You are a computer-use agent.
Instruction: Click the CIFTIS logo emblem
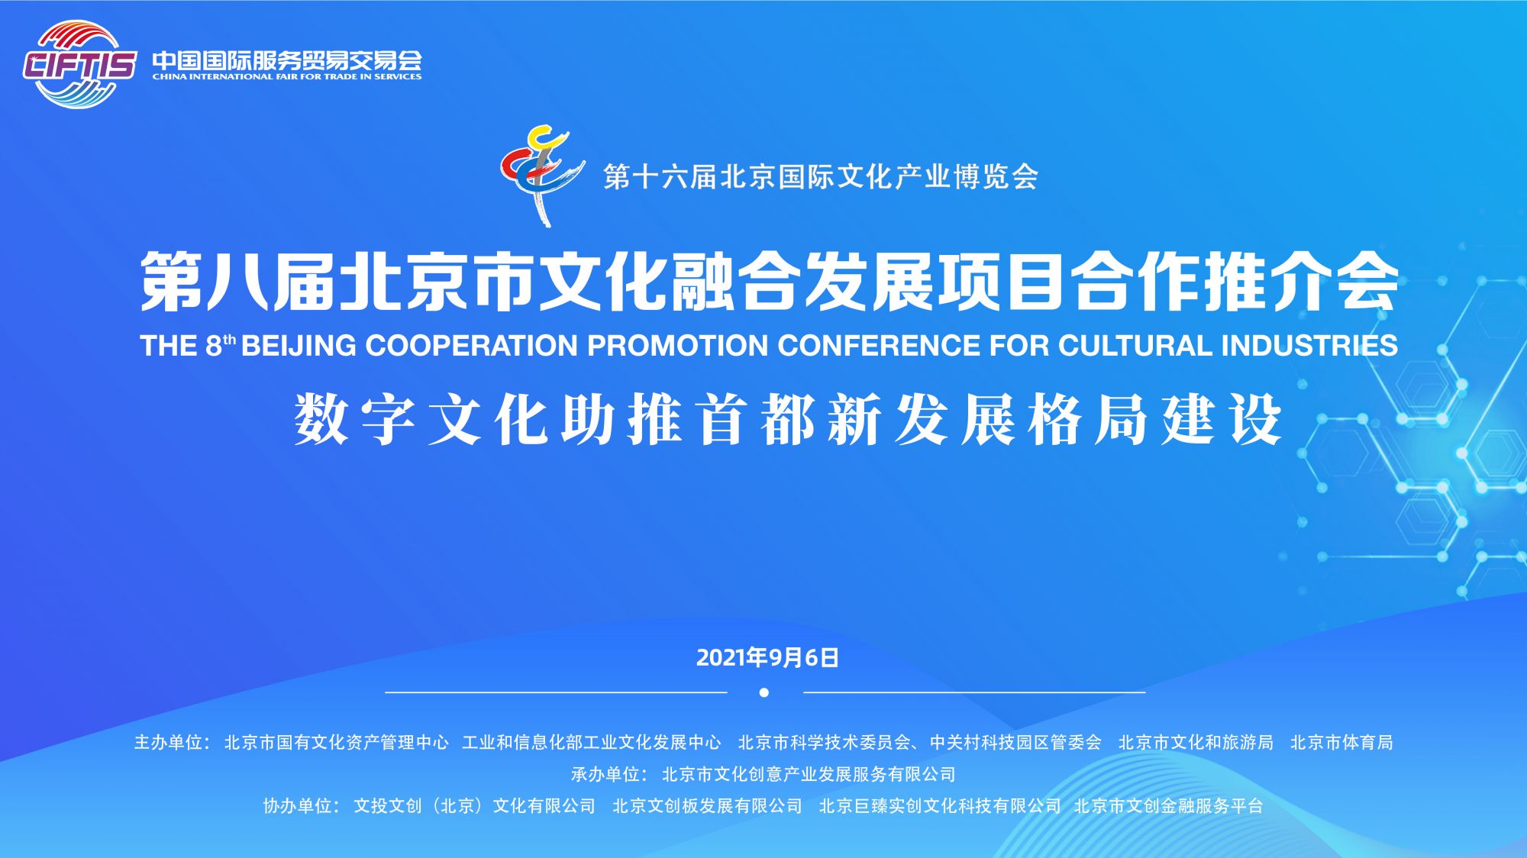point(78,64)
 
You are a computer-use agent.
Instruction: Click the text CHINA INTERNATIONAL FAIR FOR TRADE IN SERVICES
point(286,76)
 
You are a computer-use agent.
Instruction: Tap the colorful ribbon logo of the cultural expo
point(541,174)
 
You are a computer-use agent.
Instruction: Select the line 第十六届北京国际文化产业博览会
point(821,177)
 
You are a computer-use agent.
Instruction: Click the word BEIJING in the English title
point(299,346)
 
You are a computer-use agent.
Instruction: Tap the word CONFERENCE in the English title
point(880,346)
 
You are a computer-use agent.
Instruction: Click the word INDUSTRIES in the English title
point(1309,346)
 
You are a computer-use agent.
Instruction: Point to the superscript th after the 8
point(229,340)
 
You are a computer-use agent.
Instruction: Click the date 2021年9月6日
point(767,657)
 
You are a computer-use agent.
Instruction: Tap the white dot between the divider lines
point(764,693)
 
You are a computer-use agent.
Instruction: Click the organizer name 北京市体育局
point(1341,743)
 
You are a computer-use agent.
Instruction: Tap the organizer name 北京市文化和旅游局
point(1196,743)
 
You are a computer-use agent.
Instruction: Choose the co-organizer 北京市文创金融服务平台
point(1168,806)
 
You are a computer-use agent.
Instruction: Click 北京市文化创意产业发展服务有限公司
point(809,775)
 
